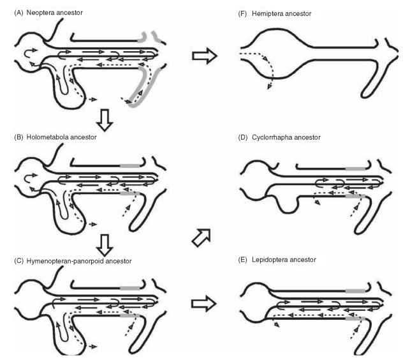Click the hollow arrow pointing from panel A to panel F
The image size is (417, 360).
point(204,56)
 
